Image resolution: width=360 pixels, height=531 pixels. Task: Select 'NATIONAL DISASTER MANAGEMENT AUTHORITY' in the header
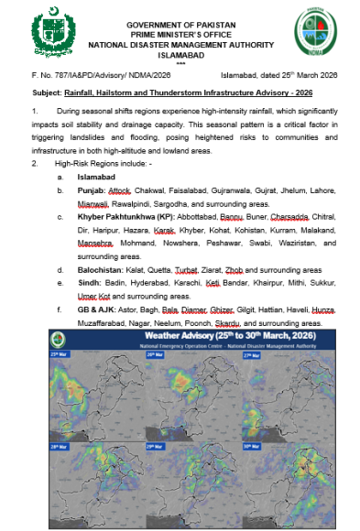pyautogui.click(x=180, y=43)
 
